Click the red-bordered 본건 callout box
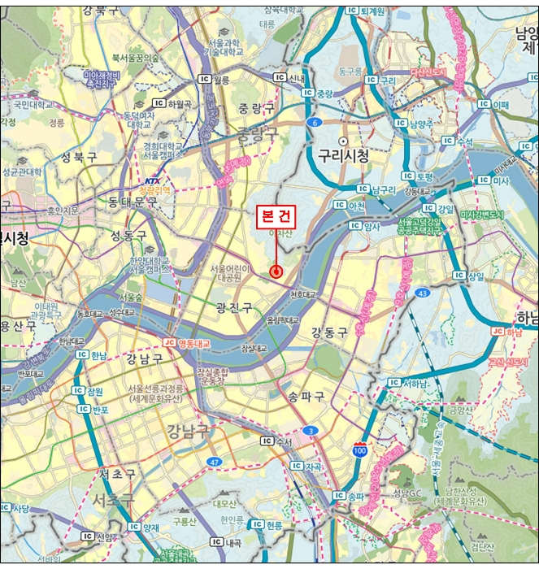click(x=276, y=217)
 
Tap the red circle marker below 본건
click(x=276, y=271)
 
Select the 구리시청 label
click(x=343, y=154)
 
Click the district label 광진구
click(x=233, y=307)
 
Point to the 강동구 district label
click(x=328, y=332)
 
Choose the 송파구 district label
click(x=306, y=396)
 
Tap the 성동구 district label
click(x=128, y=236)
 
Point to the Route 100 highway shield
click(x=359, y=448)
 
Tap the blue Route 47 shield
click(x=214, y=461)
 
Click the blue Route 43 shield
click(x=422, y=292)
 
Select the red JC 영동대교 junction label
click(x=187, y=344)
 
